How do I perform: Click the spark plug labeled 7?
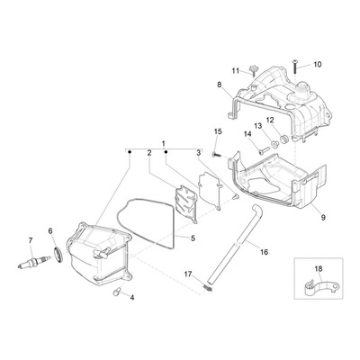32,263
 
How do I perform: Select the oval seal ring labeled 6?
58,255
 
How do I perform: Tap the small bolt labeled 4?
116,292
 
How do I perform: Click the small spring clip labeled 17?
208,288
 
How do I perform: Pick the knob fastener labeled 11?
254,71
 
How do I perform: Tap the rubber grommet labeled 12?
283,139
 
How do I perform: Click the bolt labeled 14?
264,150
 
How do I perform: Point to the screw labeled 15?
218,155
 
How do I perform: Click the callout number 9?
323,218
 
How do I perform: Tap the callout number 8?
220,85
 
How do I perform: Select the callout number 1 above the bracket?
164,143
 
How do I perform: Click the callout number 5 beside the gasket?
193,238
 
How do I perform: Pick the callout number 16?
264,252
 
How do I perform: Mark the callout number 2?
149,153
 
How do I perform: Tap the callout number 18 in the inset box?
319,268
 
